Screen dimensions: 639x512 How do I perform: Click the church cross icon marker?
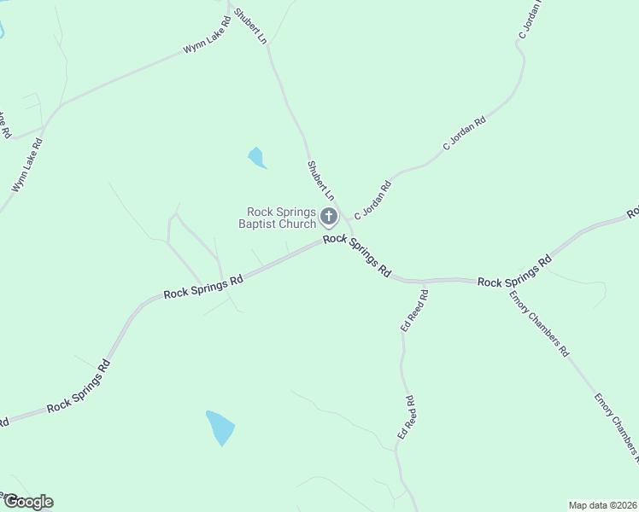tap(328, 218)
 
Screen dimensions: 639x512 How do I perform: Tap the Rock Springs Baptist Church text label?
tap(281, 218)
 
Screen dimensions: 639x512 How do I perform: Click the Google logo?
tap(27, 502)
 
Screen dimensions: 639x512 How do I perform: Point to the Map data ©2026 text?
tap(603, 504)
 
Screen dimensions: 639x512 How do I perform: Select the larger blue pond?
tap(220, 427)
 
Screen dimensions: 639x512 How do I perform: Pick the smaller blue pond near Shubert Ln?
tap(256, 158)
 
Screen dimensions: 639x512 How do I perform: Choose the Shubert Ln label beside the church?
tap(321, 179)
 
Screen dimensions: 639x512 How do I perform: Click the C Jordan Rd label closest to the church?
tap(372, 198)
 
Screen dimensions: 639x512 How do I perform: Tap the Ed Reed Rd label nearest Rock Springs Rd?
tap(414, 311)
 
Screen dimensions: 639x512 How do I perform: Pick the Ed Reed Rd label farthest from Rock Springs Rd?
tap(405, 418)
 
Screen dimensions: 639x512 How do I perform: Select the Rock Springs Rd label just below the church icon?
tap(357, 256)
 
